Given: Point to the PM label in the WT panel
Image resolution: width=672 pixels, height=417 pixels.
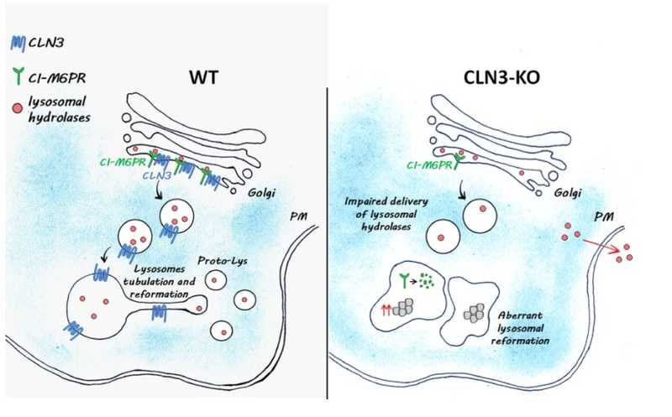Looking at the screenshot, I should click(x=297, y=216).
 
